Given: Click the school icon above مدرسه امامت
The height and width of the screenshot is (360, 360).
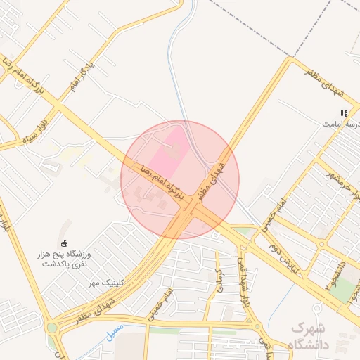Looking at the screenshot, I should [344, 112].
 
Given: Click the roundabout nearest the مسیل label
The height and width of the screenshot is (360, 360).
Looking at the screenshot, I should [52, 326].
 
